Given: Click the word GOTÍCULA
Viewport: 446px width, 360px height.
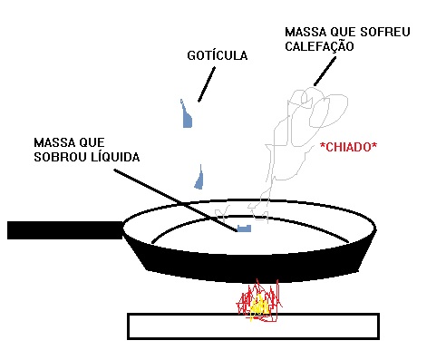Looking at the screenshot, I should pyautogui.click(x=217, y=56).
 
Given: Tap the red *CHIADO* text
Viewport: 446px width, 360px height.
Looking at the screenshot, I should pyautogui.click(x=348, y=146).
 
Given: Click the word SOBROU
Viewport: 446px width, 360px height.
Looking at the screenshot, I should pyautogui.click(x=61, y=157).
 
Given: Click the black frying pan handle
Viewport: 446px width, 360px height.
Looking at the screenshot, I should pyautogui.click(x=63, y=229).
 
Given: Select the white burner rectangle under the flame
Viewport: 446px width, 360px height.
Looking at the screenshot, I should pyautogui.click(x=181, y=326).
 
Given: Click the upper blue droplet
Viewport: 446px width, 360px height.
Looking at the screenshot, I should pyautogui.click(x=187, y=116).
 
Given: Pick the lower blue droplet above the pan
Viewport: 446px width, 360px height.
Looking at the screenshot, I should pyautogui.click(x=199, y=179).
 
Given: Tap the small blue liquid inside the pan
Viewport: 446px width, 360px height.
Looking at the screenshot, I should pyautogui.click(x=243, y=228).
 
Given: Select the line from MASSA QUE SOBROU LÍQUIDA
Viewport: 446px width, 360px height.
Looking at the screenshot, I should pyautogui.click(x=172, y=195).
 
